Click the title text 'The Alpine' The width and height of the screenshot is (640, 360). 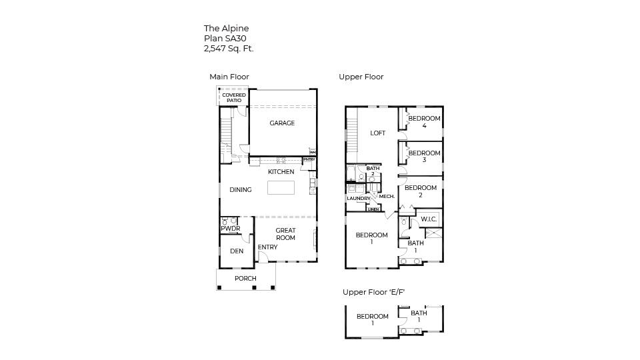pyautogui.click(x=226, y=29)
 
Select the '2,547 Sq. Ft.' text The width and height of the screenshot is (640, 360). pyautogui.click(x=229, y=49)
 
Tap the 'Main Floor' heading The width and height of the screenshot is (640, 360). pyautogui.click(x=229, y=77)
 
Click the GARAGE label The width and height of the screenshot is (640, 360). pyautogui.click(x=282, y=123)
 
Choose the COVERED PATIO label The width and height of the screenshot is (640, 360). pyautogui.click(x=233, y=98)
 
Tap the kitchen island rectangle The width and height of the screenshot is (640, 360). pyautogui.click(x=281, y=187)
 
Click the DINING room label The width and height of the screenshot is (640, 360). pyautogui.click(x=241, y=190)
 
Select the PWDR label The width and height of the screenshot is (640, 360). pyautogui.click(x=230, y=229)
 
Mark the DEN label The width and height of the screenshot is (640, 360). pyautogui.click(x=237, y=251)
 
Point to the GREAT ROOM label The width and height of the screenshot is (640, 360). pyautogui.click(x=285, y=234)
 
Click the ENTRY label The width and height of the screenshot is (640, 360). pyautogui.click(x=267, y=247)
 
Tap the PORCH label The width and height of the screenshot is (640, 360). pyautogui.click(x=245, y=279)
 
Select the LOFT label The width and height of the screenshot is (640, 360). pyautogui.click(x=378, y=133)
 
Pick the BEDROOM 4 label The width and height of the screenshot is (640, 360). pyautogui.click(x=424, y=122)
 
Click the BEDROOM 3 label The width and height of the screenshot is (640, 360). pyautogui.click(x=424, y=157)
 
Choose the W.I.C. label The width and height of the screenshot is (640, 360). pyautogui.click(x=429, y=219)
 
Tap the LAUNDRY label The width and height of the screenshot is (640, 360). pyautogui.click(x=358, y=199)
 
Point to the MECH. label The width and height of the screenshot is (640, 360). pyautogui.click(x=387, y=197)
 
